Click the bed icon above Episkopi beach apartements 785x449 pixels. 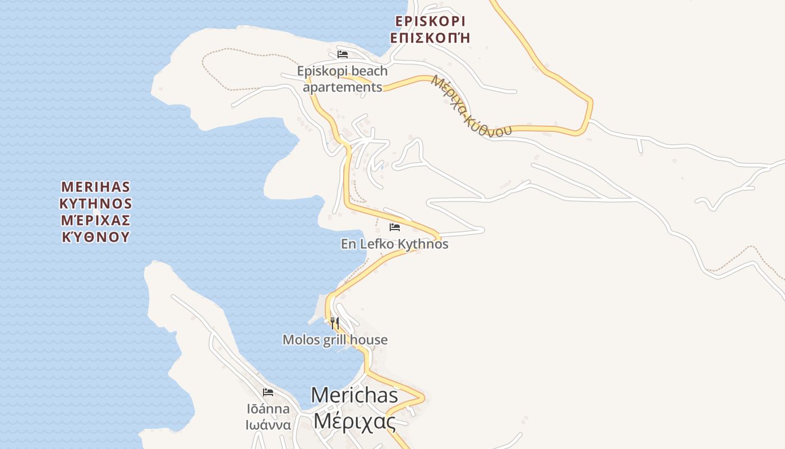point(343,54)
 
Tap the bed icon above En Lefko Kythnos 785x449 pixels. point(395,227)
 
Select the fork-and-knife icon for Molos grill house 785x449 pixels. point(335,323)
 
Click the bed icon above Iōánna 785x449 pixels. point(268,392)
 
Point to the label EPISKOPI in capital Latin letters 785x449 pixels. point(430,21)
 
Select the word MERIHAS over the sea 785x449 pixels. point(95,186)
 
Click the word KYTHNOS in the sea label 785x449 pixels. point(95,203)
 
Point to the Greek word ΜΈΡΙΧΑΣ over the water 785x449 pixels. point(95,219)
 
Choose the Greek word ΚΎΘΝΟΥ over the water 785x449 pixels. point(95,236)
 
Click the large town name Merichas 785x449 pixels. point(354,395)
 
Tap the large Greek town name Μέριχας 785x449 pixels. point(354,420)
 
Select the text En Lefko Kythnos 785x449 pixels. point(395,244)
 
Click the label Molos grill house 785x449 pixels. point(335,340)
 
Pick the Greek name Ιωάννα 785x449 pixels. point(268,425)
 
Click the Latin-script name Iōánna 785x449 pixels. point(268,409)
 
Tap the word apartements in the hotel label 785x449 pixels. point(343,88)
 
